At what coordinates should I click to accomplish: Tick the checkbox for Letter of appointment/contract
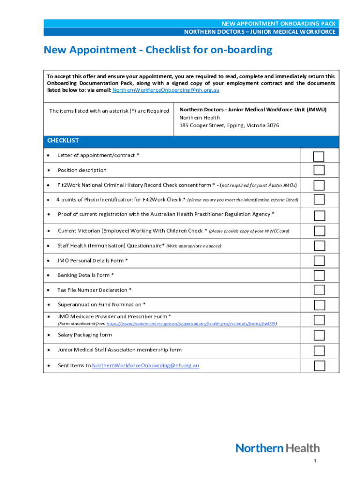(319, 156)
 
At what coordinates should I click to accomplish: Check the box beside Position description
(319, 170)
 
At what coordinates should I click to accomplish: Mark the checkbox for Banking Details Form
(319, 275)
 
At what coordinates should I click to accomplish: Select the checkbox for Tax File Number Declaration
(319, 290)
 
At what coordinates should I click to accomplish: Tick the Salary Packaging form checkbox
(319, 335)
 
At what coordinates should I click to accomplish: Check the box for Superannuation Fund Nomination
(319, 305)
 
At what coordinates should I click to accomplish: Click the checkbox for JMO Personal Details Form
(319, 261)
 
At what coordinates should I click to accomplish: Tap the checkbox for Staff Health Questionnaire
(319, 246)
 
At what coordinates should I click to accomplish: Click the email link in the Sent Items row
(145, 365)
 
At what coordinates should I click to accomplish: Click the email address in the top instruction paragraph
(166, 90)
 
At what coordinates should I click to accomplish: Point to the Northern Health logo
(278, 448)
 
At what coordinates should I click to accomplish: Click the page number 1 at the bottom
(315, 461)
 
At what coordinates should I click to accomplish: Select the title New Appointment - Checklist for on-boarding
(158, 50)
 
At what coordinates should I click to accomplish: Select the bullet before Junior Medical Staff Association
(49, 350)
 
